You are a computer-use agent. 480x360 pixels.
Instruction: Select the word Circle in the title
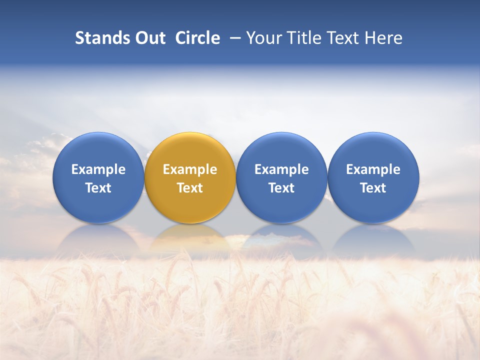197,38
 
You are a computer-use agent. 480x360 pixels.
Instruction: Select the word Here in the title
383,38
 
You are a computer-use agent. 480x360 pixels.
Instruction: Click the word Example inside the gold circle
190,169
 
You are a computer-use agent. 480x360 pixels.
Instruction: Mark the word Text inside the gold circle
190,188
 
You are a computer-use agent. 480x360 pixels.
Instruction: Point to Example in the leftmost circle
98,169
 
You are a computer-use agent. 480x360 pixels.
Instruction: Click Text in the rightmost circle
373,188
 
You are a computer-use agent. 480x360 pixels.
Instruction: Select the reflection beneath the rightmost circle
373,240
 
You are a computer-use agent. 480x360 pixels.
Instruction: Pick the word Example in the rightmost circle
373,169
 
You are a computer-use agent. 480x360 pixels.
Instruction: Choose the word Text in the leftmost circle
98,188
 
